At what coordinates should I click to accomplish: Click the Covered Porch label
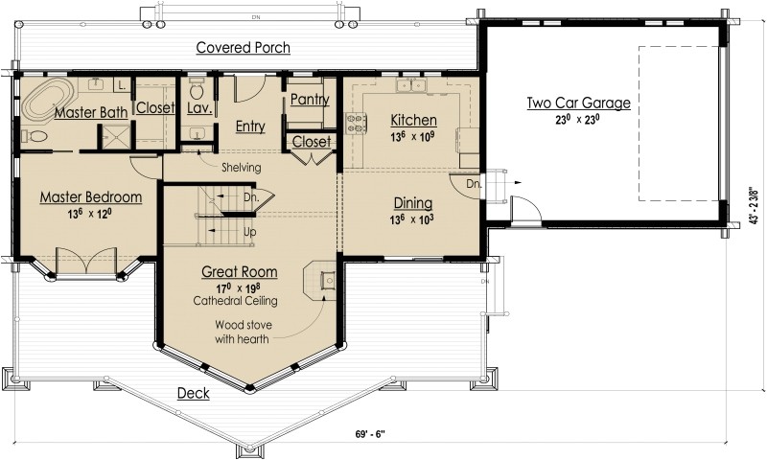[243, 47]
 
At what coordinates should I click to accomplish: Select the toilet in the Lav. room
[198, 93]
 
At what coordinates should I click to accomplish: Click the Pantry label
[308, 100]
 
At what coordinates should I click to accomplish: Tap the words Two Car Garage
[578, 103]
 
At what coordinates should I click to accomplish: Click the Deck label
[193, 394]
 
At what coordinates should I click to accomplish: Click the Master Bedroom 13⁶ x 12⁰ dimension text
[90, 213]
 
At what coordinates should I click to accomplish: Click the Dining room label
[412, 203]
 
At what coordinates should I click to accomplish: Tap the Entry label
[249, 126]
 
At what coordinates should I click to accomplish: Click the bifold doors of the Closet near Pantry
[309, 156]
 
